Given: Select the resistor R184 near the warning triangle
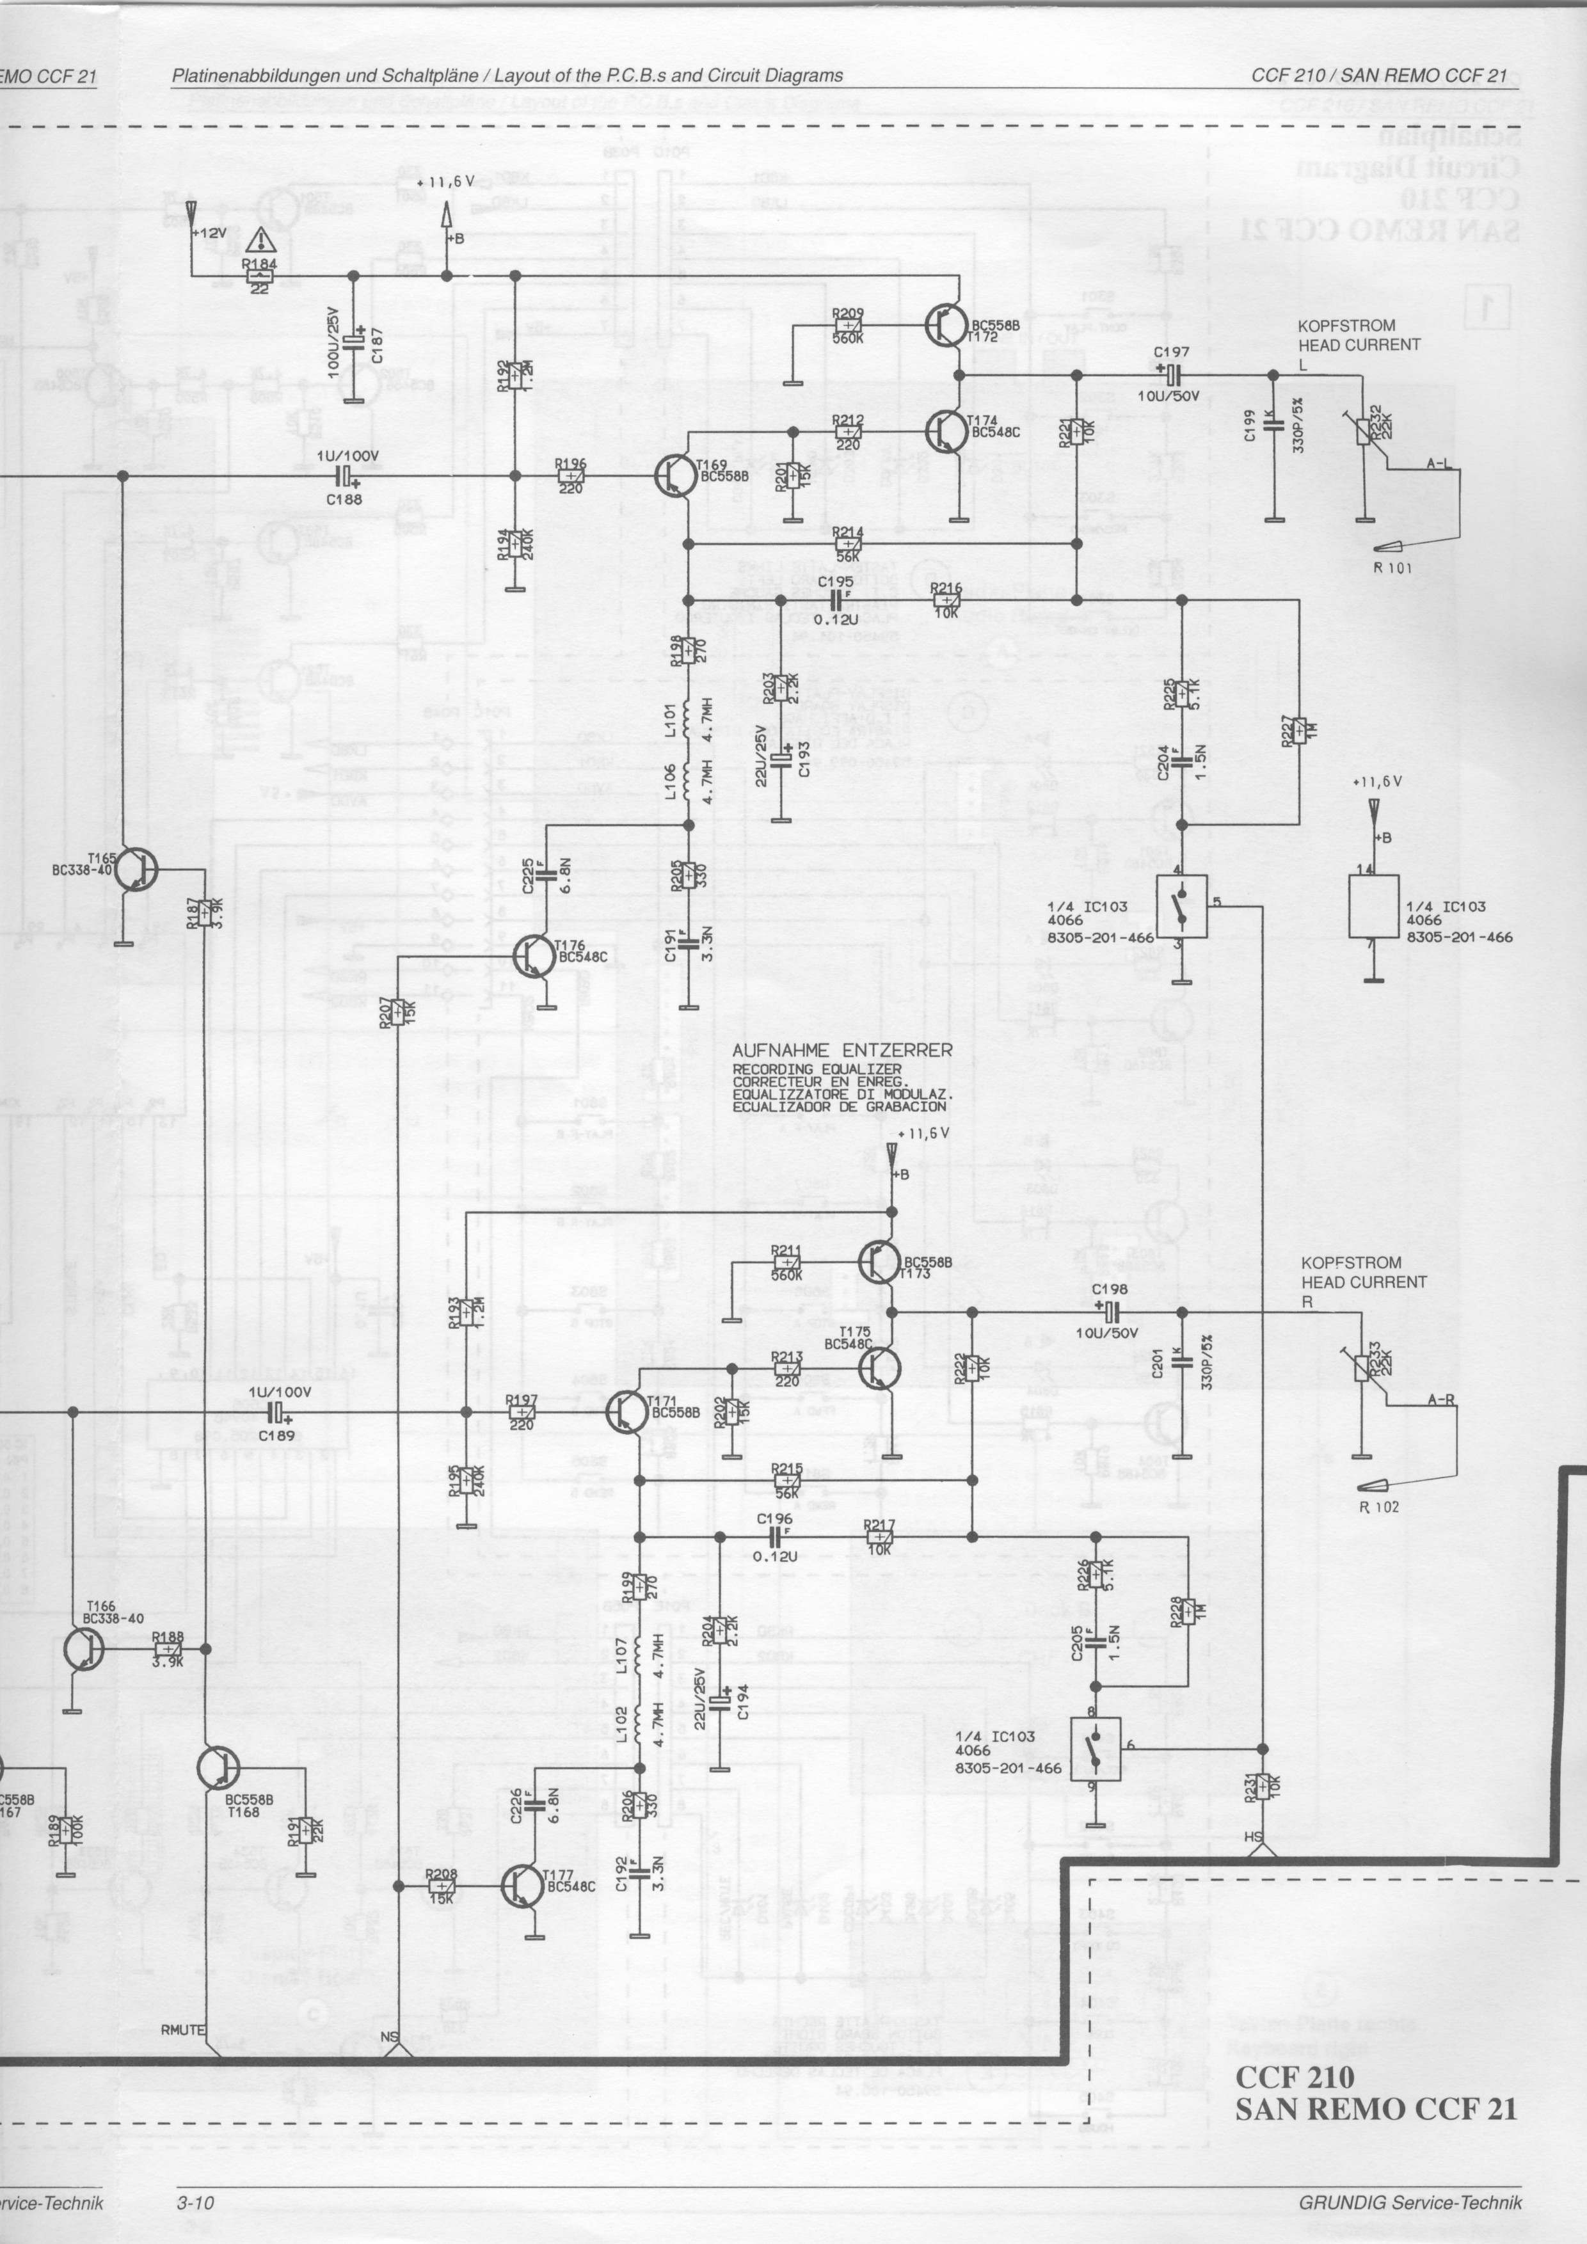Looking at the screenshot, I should (259, 276).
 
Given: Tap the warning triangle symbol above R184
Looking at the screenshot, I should (260, 241).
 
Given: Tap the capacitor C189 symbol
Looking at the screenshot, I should (276, 1412).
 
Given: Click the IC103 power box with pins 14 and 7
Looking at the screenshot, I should (1373, 906).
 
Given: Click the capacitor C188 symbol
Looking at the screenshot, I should (345, 477).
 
